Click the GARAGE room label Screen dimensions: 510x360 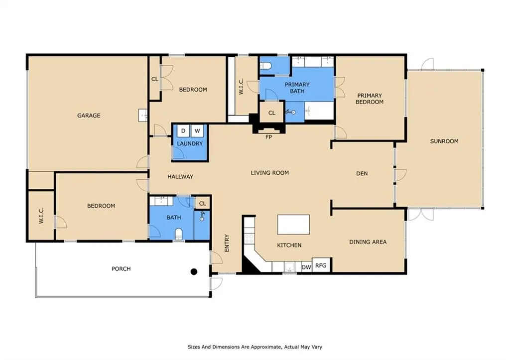click(89, 116)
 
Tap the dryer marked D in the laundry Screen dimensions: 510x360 click(183, 131)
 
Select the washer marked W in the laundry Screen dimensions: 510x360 click(197, 131)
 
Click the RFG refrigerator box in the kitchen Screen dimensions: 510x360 click(321, 265)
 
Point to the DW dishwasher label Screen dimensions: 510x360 click(306, 267)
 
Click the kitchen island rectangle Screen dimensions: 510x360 click(293, 225)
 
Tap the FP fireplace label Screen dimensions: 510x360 click(268, 137)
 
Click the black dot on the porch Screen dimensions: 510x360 click(194, 271)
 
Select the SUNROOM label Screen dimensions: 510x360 click(444, 141)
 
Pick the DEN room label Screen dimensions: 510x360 click(362, 173)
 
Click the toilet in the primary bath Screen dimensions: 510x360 click(265, 66)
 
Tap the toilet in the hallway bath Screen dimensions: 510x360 click(179, 234)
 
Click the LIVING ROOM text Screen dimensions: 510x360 click(269, 173)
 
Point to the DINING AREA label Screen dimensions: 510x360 click(368, 242)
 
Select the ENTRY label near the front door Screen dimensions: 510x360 click(227, 243)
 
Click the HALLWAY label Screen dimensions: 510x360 click(180, 177)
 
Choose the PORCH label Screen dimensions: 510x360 click(121, 268)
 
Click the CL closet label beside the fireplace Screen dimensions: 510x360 click(272, 113)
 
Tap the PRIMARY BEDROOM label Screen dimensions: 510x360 click(370, 99)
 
